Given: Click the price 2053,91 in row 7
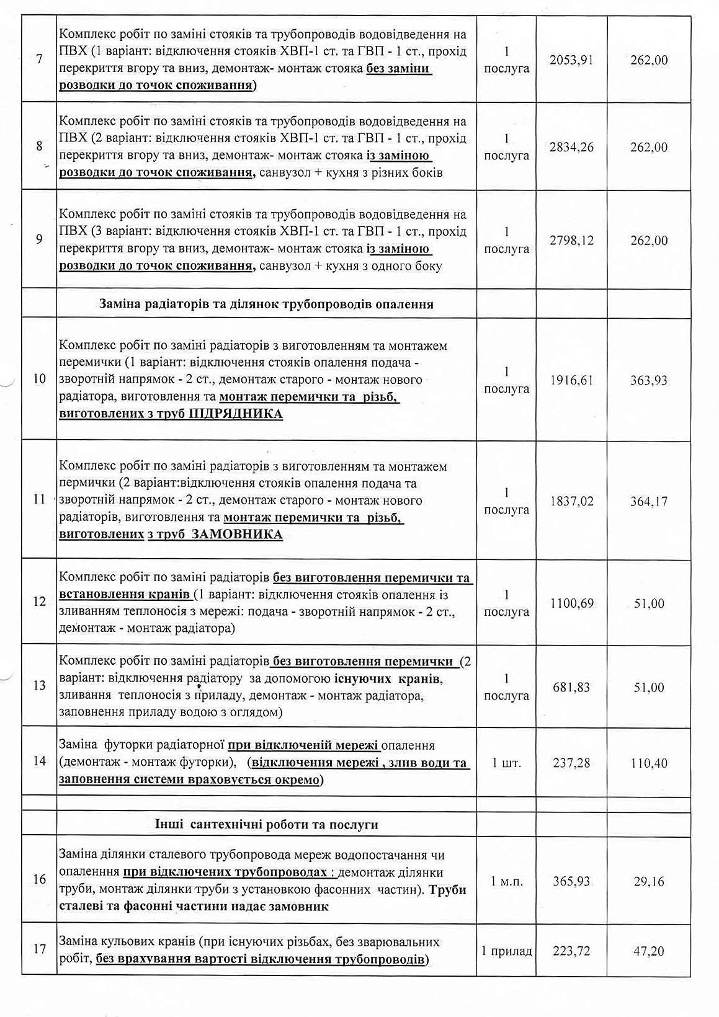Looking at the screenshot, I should click(x=571, y=60).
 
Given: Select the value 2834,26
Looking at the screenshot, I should click(x=571, y=148).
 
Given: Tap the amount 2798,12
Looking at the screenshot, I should click(x=571, y=241).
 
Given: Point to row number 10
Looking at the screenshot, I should click(x=39, y=379).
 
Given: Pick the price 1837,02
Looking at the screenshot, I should click(x=571, y=501).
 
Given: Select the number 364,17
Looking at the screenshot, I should click(x=648, y=501).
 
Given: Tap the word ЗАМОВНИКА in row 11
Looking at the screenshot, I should click(x=234, y=535).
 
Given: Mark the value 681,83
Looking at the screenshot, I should click(x=571, y=687).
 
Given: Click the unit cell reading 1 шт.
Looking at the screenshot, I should click(x=506, y=763).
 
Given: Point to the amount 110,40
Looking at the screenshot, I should click(x=648, y=763).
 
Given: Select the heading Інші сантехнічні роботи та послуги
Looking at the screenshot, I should click(x=267, y=825).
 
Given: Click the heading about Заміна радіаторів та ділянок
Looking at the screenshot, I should click(x=266, y=304).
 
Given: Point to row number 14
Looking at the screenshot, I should click(x=39, y=762).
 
